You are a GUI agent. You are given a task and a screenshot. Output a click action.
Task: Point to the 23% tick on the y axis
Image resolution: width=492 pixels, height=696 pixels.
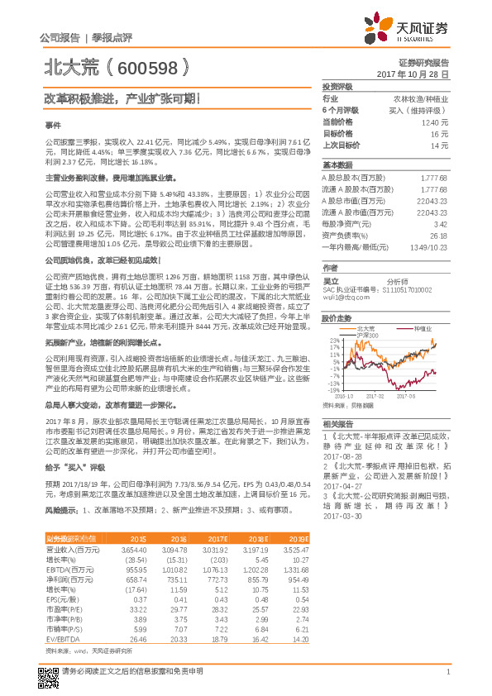click(333, 340)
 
